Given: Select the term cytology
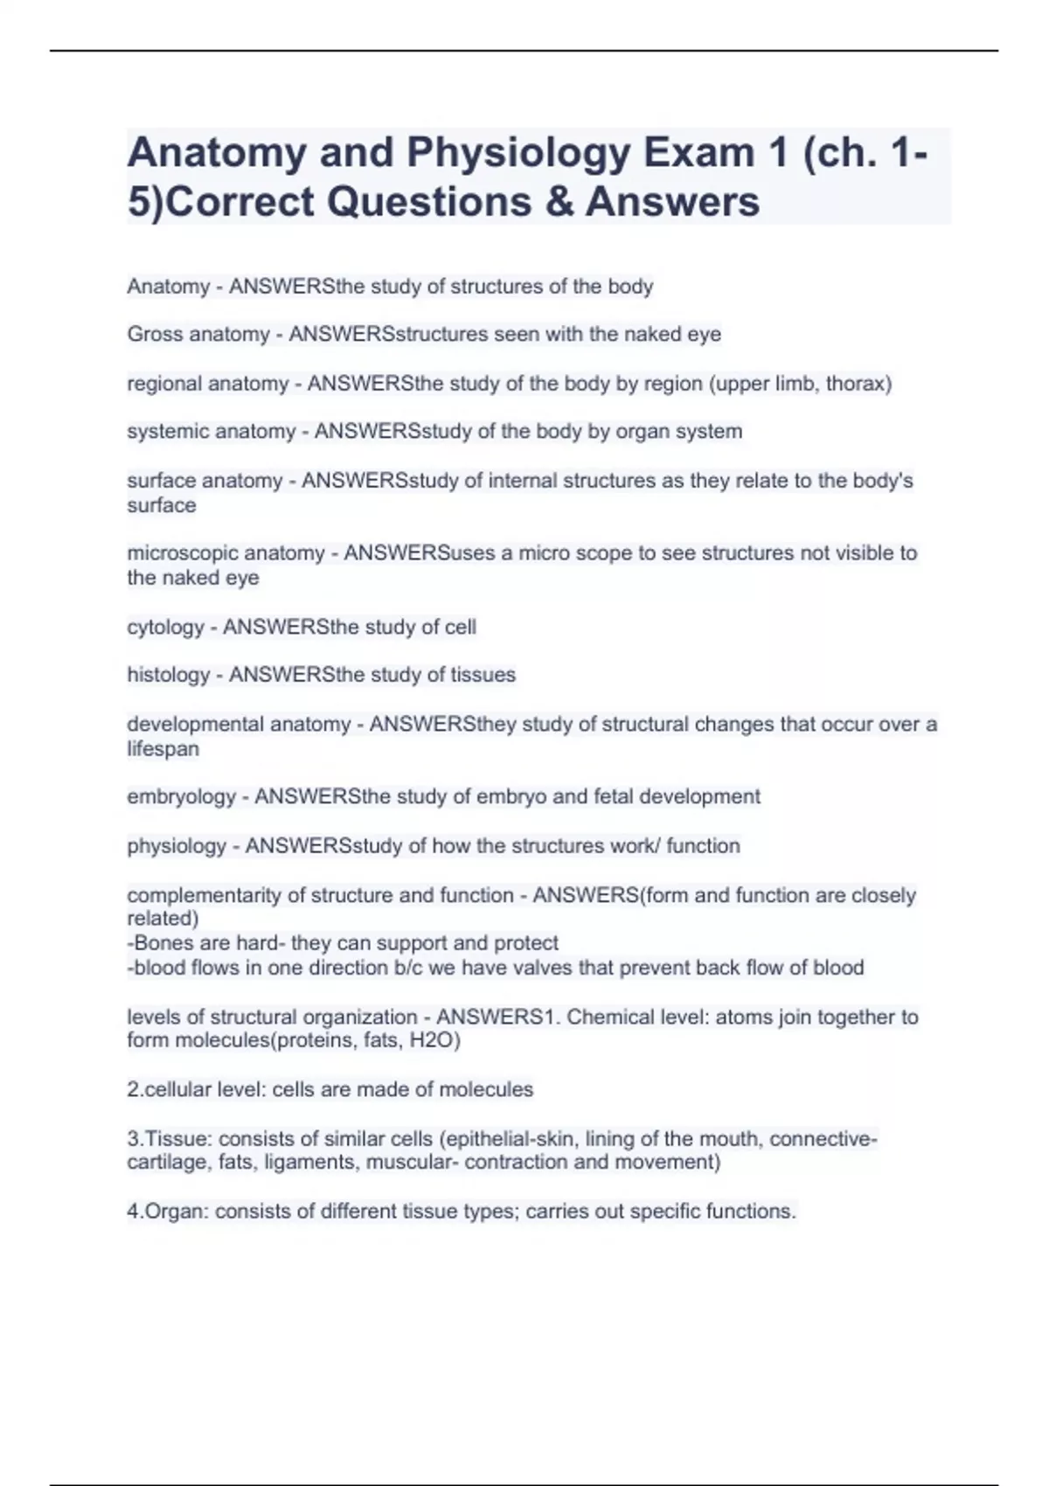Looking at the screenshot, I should (x=165, y=628).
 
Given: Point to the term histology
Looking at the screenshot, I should (x=169, y=675).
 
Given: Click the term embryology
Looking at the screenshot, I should (x=181, y=797).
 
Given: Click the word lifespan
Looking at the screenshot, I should (x=163, y=749).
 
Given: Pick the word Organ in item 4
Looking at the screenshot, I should (x=176, y=1212).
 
